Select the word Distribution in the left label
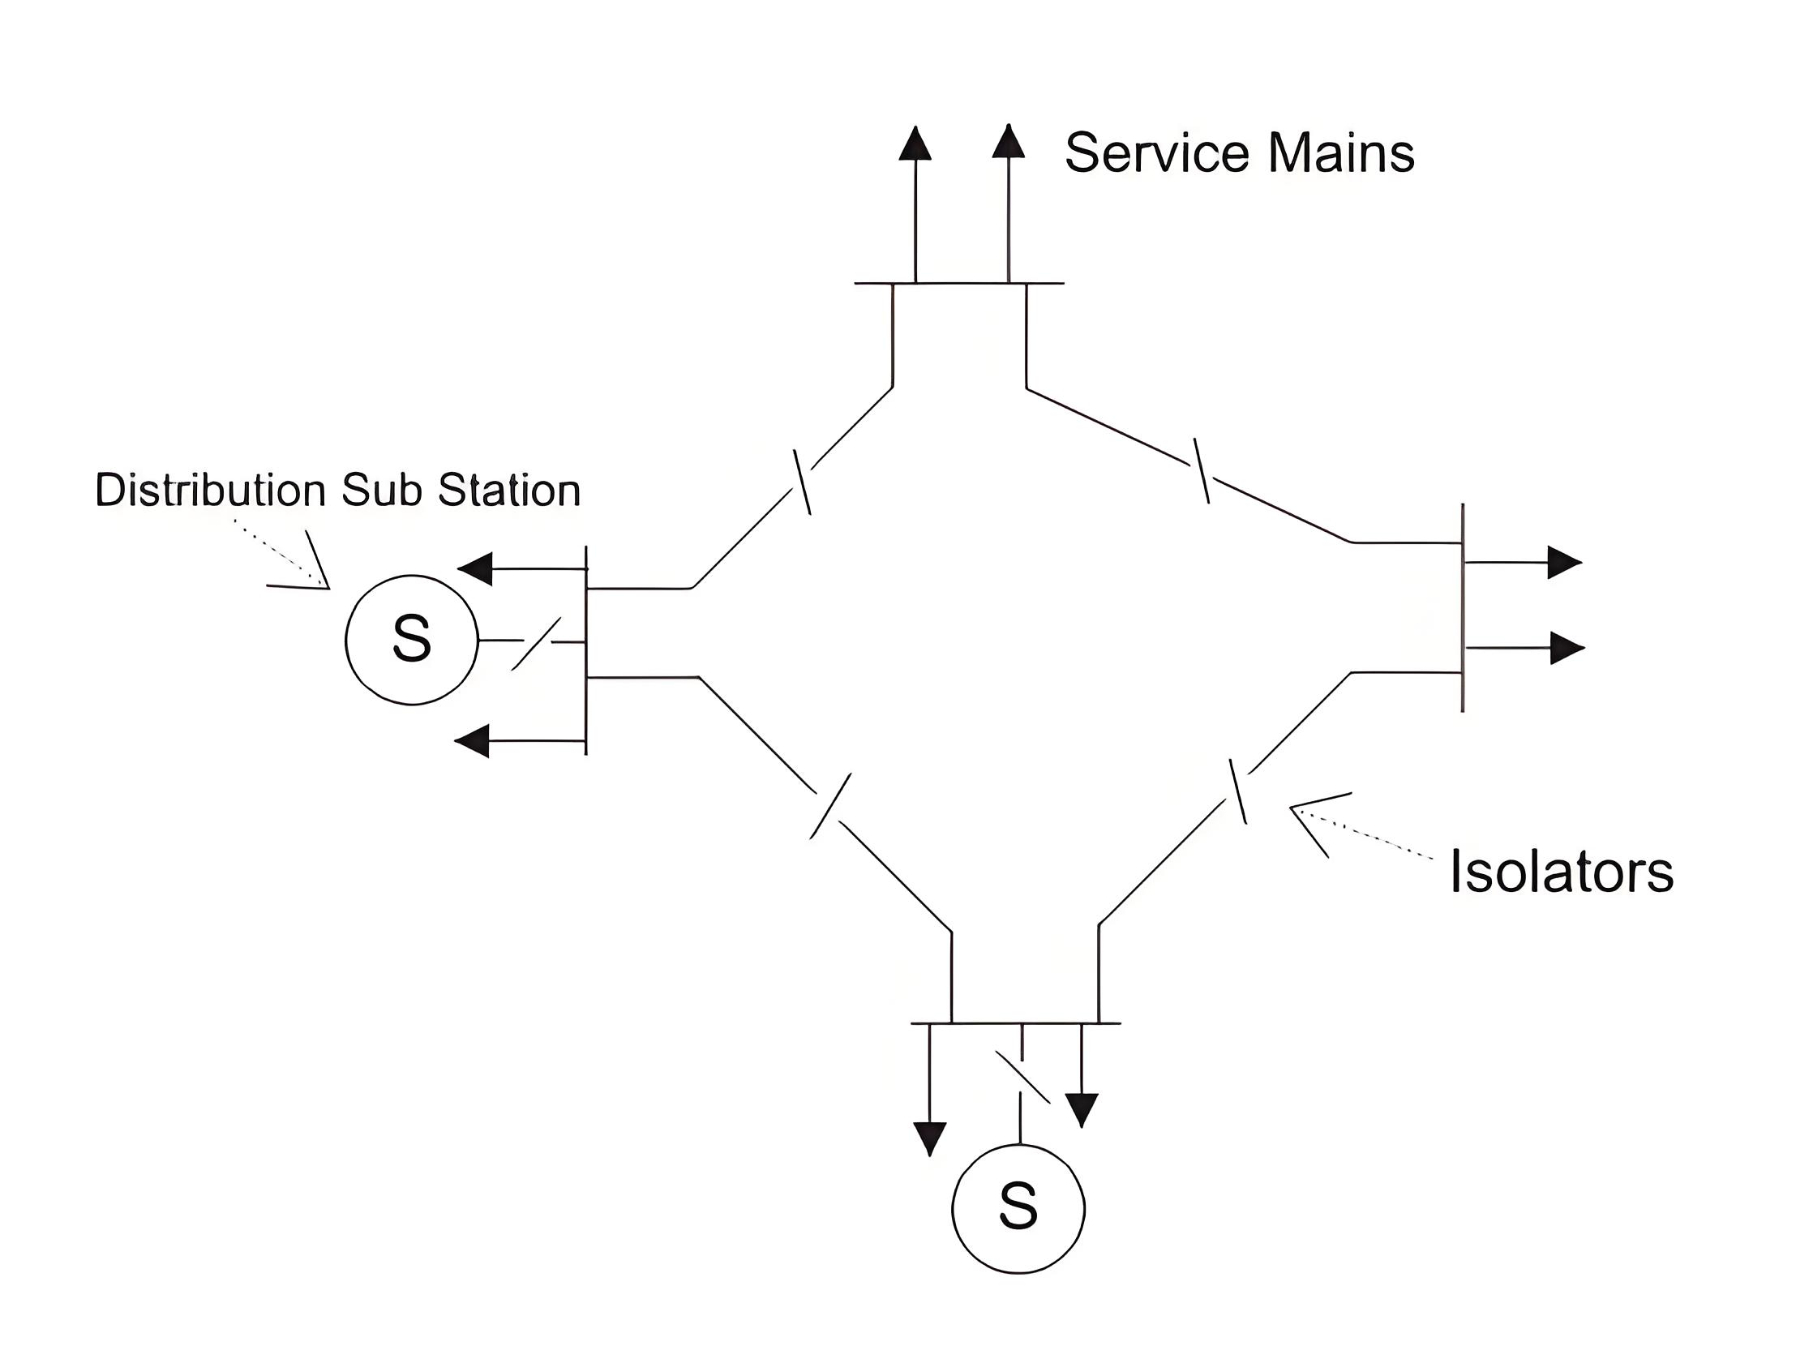point(211,490)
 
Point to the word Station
point(509,490)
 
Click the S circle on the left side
point(411,639)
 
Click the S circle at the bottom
point(1018,1207)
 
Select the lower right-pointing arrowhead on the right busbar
point(1567,648)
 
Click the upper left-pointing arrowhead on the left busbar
point(475,568)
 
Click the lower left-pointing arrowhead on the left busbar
point(472,741)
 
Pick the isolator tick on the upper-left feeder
point(802,482)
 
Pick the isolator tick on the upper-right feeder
point(1201,471)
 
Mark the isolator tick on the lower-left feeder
point(831,806)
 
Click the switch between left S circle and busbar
point(536,644)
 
